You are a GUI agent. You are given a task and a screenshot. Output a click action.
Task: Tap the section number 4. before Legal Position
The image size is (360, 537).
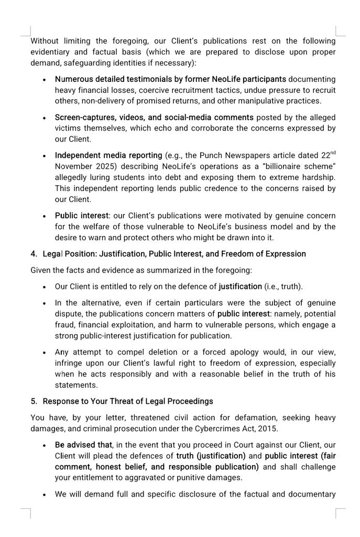point(34,254)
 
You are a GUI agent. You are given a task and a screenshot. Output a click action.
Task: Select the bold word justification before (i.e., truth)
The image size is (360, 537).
point(240,287)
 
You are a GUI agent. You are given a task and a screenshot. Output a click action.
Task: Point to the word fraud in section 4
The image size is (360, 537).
point(67,325)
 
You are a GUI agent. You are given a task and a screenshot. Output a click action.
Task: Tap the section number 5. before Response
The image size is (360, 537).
point(34,402)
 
